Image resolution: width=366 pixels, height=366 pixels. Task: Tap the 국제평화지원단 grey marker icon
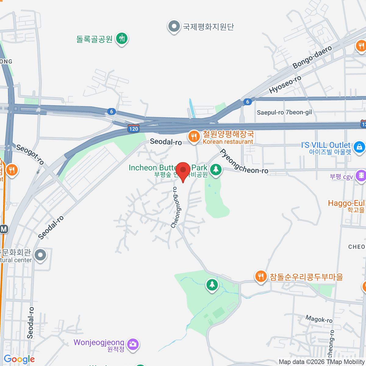click(174, 26)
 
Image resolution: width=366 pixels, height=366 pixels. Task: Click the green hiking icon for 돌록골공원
click(122, 38)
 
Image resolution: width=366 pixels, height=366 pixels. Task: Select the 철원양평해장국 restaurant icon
click(194, 137)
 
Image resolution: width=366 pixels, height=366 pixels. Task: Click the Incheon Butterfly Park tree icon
click(216, 169)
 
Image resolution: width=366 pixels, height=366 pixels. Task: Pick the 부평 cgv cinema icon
click(361, 176)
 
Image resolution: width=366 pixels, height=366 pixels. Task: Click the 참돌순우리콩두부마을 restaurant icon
click(260, 277)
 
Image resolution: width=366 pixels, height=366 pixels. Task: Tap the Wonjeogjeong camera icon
click(133, 344)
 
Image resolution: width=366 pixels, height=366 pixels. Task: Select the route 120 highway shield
click(134, 129)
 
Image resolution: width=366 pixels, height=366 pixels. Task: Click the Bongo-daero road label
click(312, 57)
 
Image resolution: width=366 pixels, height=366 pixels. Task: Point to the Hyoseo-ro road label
click(285, 84)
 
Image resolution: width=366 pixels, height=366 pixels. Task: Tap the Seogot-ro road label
click(30, 154)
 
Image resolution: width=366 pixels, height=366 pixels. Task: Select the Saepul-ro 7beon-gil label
click(284, 112)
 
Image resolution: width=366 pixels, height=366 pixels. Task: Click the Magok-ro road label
click(319, 319)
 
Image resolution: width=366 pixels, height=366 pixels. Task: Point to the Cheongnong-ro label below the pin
click(175, 207)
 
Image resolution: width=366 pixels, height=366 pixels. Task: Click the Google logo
click(19, 359)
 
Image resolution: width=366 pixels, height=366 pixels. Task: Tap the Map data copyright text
click(321, 362)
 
